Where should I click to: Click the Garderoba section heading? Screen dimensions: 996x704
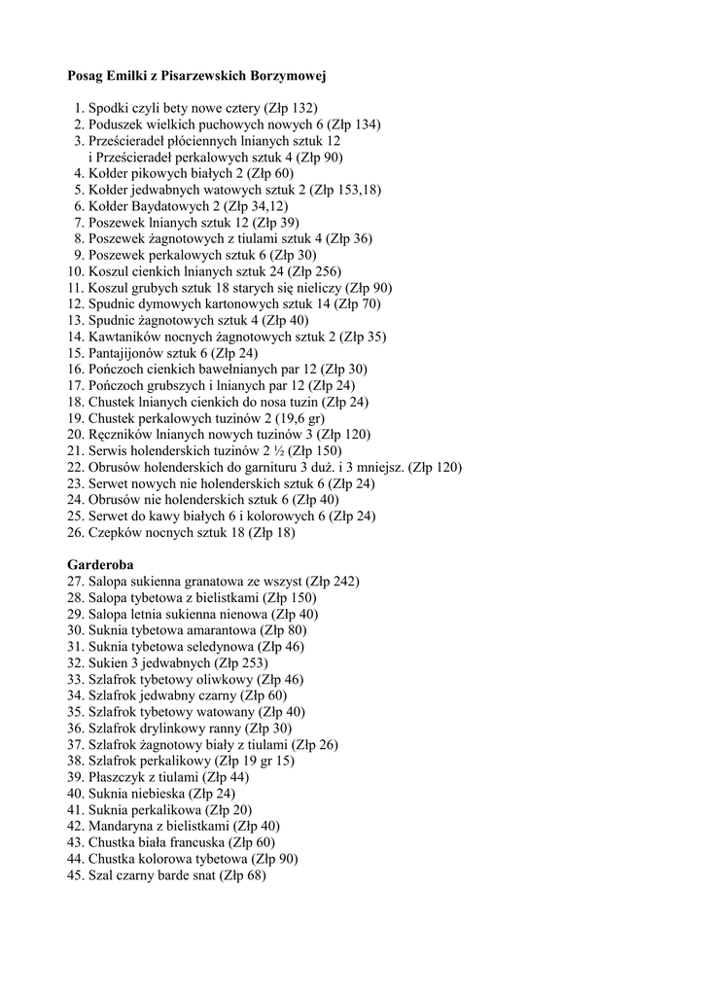click(100, 564)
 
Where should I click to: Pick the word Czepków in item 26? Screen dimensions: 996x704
click(114, 532)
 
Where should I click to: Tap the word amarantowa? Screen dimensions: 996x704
click(211, 630)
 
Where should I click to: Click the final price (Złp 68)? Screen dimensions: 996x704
click(242, 875)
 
